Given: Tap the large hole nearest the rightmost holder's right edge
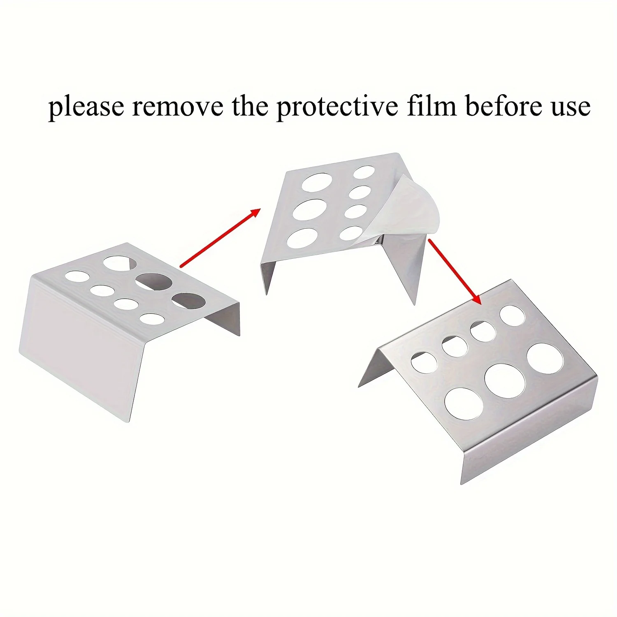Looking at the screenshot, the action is pos(545,359).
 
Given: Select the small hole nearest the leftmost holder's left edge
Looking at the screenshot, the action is pos(77,276).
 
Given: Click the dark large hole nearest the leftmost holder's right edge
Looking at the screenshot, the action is pos(189,300).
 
